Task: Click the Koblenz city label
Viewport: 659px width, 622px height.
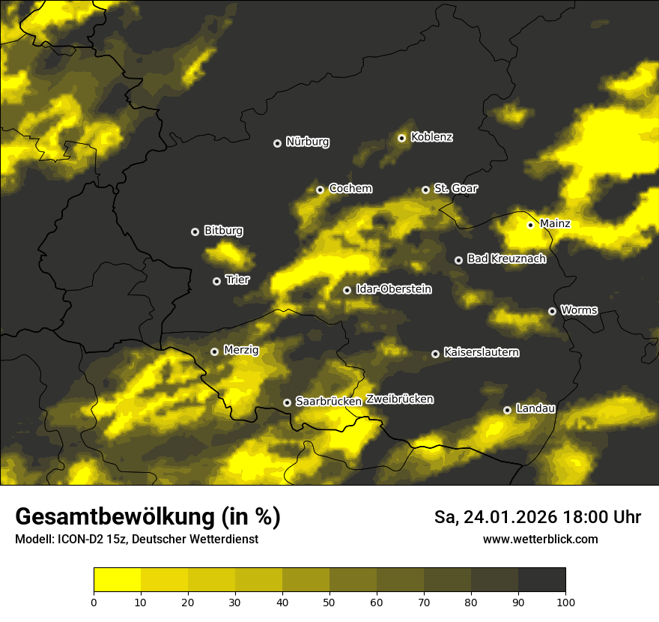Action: coord(432,137)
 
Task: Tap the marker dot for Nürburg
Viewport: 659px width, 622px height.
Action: coord(277,142)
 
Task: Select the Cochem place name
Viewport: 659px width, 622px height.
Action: coord(350,189)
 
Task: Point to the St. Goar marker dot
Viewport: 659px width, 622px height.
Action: coord(425,190)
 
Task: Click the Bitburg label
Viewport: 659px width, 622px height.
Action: coord(223,231)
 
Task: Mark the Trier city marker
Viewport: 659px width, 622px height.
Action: coord(217,281)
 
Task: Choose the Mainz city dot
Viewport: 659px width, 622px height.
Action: coord(530,225)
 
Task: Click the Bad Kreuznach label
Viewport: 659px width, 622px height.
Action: coord(506,259)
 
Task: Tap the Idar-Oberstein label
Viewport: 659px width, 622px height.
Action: coord(393,289)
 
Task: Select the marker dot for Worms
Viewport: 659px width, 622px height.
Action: coord(552,311)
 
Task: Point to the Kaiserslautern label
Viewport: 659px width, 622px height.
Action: coord(481,352)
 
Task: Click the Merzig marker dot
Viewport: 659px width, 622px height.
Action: coord(214,351)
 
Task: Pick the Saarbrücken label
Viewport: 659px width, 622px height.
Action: coord(329,402)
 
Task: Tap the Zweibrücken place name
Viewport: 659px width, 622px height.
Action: coord(399,399)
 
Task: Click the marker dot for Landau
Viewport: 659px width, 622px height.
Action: coord(507,410)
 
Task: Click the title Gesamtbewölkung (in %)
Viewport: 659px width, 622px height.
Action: coord(148,517)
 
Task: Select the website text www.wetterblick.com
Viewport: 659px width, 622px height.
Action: coord(540,539)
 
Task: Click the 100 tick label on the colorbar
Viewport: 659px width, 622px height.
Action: coord(565,602)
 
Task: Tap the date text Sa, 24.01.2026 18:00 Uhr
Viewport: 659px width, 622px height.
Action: coord(537,517)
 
